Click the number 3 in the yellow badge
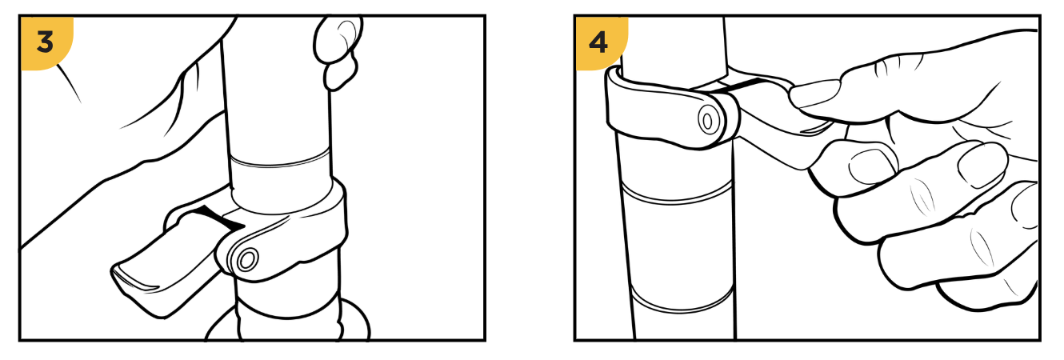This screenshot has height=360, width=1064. (45, 42)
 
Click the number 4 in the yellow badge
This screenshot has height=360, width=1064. (598, 42)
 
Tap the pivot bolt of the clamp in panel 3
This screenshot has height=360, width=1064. (247, 260)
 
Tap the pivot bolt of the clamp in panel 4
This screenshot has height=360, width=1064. (707, 122)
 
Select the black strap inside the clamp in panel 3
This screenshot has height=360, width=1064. (220, 218)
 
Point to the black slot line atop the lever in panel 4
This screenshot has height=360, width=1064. (741, 86)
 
